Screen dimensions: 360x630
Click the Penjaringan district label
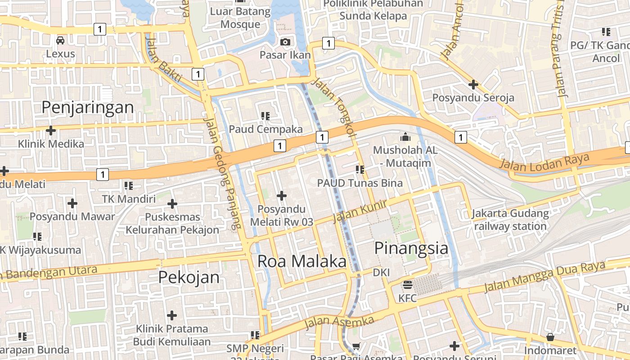coord(88,108)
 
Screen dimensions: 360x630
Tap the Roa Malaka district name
coord(302,261)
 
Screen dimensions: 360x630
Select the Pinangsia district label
coord(411,248)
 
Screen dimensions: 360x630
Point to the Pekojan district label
coord(189,277)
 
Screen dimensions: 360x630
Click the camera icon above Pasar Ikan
coord(285,42)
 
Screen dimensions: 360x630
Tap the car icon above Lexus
coord(60,40)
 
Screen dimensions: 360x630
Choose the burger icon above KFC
coord(408,284)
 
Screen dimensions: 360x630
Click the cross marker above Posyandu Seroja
coord(473,84)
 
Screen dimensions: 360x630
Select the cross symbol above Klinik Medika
coord(51,130)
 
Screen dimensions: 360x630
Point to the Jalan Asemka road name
coord(339,322)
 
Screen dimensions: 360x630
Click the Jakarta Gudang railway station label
coord(510,220)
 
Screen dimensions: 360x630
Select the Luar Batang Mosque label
coord(240,18)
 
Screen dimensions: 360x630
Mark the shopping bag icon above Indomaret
coord(550,337)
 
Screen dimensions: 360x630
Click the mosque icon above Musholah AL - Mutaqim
coord(405,136)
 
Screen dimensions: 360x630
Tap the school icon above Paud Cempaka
coord(265,116)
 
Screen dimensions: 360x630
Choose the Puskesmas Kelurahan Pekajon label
coord(172,223)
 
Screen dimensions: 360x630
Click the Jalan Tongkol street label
coord(333,108)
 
